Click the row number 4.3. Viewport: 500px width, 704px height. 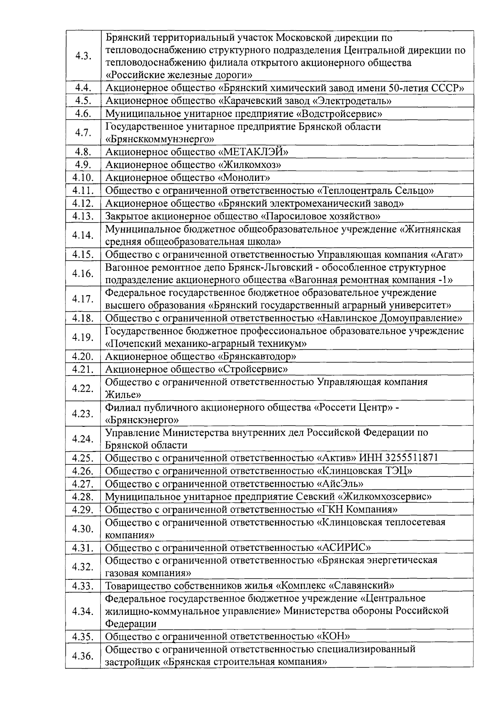(x=83, y=56)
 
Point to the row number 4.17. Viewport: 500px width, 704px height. (x=82, y=299)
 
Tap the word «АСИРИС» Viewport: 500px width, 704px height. (x=344, y=547)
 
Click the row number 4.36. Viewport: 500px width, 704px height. (x=82, y=656)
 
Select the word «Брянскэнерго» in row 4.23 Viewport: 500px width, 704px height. (x=142, y=420)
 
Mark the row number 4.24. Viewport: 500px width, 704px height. (x=82, y=439)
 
